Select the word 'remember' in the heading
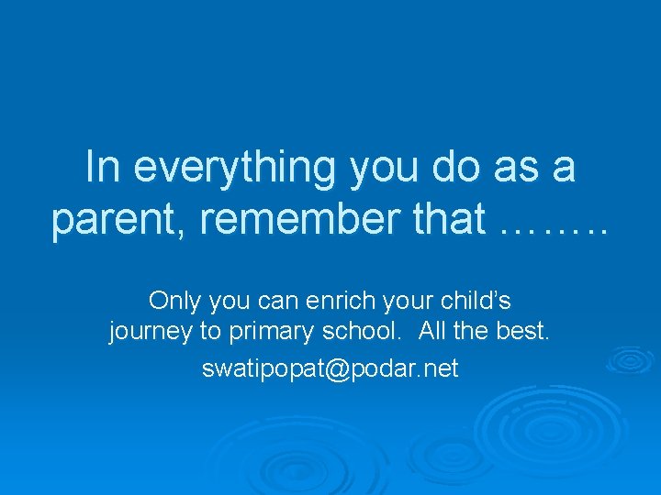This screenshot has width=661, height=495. (x=296, y=220)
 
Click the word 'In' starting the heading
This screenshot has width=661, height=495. (x=100, y=168)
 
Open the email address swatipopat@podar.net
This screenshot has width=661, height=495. (x=330, y=368)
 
